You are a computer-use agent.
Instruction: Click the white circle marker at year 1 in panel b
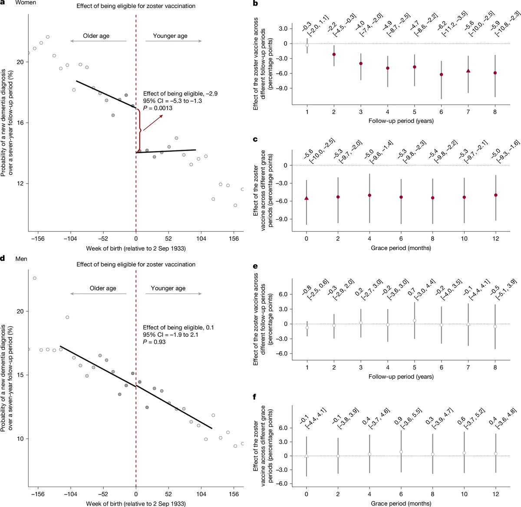pyautogui.click(x=307, y=45)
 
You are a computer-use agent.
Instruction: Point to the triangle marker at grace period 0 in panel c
pyautogui.click(x=307, y=198)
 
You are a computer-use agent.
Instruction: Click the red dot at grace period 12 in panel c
pyautogui.click(x=495, y=195)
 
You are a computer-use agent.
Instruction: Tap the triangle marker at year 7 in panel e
pyautogui.click(x=468, y=324)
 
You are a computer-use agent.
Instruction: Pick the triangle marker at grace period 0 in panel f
pyautogui.click(x=307, y=456)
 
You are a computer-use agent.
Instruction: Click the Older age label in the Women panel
pyautogui.click(x=96, y=36)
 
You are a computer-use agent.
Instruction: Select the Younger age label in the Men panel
pyautogui.click(x=168, y=288)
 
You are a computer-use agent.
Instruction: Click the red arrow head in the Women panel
pyautogui.click(x=162, y=116)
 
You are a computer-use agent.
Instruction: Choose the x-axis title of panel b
pyautogui.click(x=401, y=121)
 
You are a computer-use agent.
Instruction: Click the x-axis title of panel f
pyautogui.click(x=401, y=504)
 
